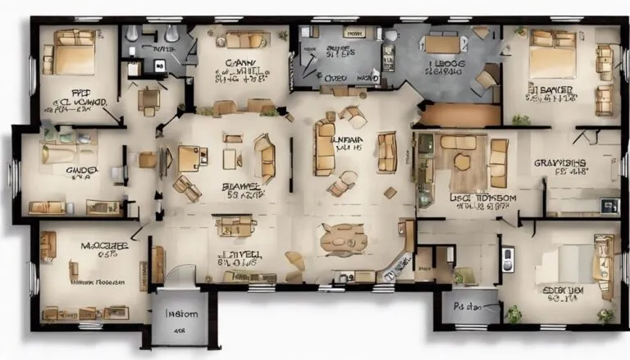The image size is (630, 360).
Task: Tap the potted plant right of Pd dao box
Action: click(x=513, y=312)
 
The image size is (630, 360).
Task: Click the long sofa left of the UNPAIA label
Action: click(x=325, y=148)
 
